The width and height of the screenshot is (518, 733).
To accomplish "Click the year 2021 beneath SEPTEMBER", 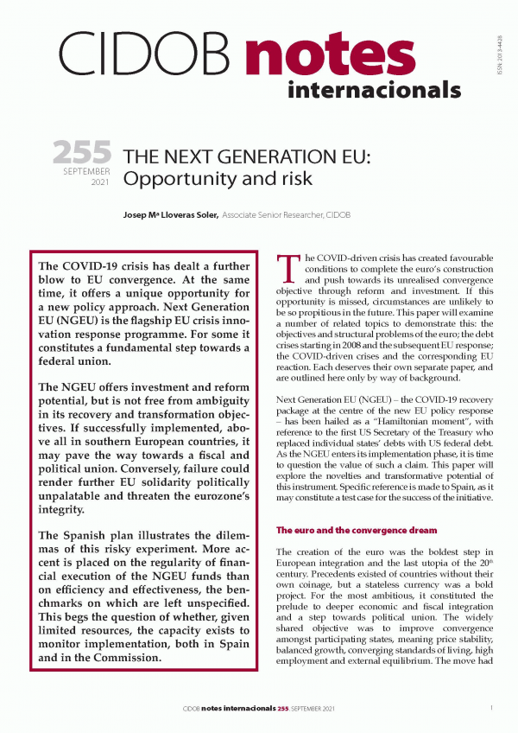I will [100, 182].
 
